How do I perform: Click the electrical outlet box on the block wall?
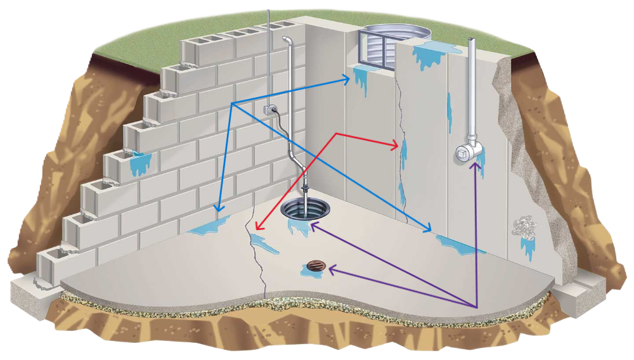coord(271,110)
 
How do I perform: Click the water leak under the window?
coord(361,79)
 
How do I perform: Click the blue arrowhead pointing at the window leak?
coord(349,79)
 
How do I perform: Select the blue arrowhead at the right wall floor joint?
coord(432,229)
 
